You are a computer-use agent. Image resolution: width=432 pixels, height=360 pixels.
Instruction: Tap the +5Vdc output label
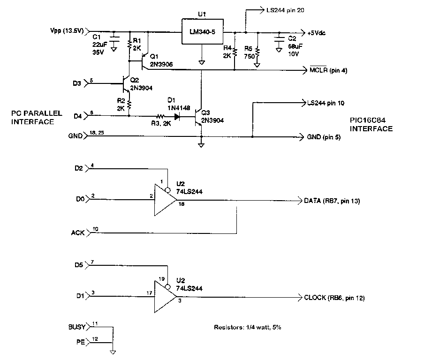click(317, 33)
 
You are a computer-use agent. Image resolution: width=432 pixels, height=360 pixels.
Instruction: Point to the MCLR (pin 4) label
click(328, 70)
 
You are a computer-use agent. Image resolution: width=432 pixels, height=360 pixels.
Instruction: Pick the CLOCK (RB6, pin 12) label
click(334, 298)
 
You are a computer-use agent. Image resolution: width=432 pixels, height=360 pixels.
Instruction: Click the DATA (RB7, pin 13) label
click(332, 201)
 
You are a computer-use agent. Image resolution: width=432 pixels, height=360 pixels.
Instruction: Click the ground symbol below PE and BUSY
click(113, 351)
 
